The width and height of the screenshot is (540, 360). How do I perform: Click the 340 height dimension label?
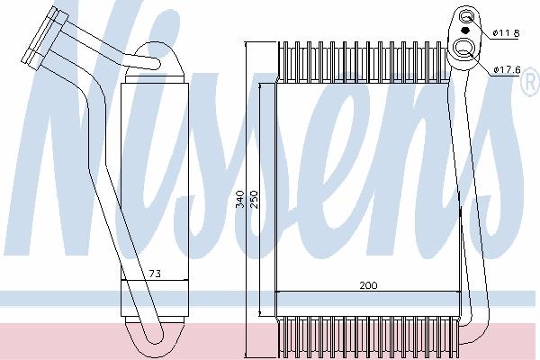click(x=240, y=199)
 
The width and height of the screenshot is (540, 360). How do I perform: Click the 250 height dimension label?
click(x=254, y=199)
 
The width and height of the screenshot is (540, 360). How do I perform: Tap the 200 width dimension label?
click(x=368, y=285)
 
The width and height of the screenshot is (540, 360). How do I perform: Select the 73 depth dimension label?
click(x=155, y=274)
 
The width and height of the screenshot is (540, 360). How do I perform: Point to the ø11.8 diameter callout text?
click(x=506, y=33)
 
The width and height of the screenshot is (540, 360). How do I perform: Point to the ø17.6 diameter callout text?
click(x=507, y=70)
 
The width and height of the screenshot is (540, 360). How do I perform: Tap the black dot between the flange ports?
click(x=465, y=31)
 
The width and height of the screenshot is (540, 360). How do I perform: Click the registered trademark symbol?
click(x=532, y=82)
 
